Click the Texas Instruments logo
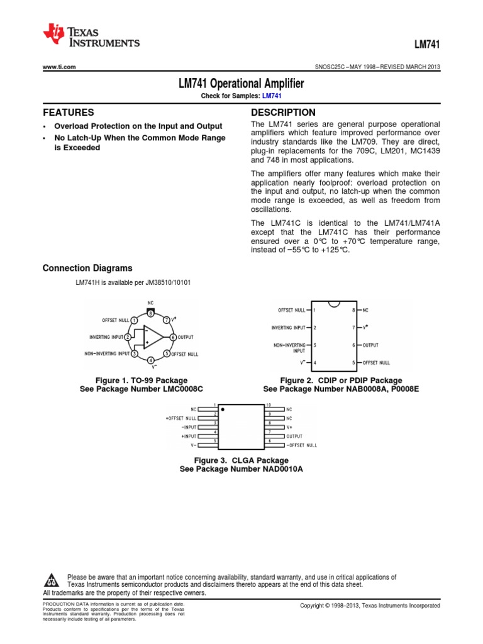(x=91, y=37)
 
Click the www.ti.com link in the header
(x=59, y=67)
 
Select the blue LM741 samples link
(x=271, y=95)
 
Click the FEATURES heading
(x=69, y=113)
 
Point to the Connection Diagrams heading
(x=87, y=268)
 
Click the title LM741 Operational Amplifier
(x=241, y=83)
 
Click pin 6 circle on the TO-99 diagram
(x=173, y=337)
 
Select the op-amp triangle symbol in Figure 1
(x=151, y=337)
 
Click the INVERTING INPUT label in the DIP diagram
(x=289, y=328)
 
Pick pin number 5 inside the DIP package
(x=354, y=363)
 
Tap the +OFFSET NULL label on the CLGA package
(x=181, y=418)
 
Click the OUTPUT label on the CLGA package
(x=295, y=436)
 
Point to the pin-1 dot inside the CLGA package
(x=223, y=409)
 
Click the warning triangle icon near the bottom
(x=53, y=579)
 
